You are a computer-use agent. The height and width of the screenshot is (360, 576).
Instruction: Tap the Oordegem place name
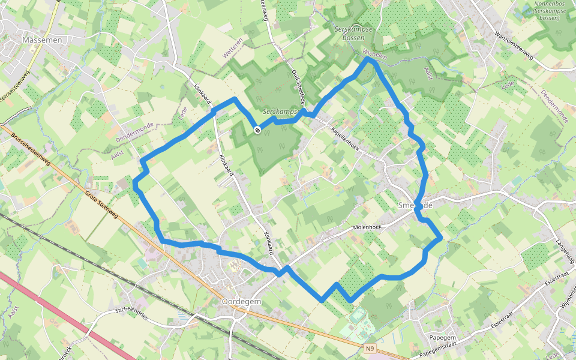(x=241, y=301)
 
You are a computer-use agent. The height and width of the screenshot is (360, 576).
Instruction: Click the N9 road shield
(x=371, y=347)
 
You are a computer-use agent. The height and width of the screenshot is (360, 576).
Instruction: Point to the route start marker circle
(x=257, y=130)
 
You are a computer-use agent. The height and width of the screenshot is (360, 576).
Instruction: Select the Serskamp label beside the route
(x=281, y=112)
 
